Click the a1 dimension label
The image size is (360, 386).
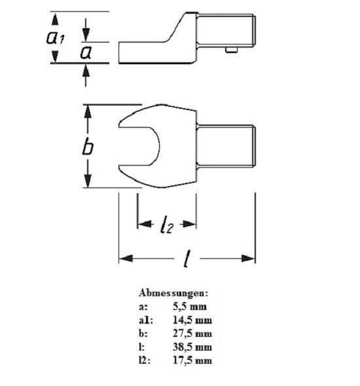click(x=56, y=37)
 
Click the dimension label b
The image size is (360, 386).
click(x=88, y=147)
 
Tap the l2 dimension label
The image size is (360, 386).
click(x=167, y=224)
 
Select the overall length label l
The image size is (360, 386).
click(x=187, y=259)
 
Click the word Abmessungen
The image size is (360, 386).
click(x=173, y=293)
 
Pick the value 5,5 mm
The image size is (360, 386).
click(x=190, y=307)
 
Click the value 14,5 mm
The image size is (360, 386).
click(x=192, y=320)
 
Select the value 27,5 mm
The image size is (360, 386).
click(x=192, y=334)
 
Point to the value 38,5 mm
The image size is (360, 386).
click(x=192, y=347)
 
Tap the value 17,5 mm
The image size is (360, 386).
click(x=192, y=360)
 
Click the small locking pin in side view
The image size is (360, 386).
click(x=232, y=50)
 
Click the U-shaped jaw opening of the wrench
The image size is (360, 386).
click(x=139, y=146)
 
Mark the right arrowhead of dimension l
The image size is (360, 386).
click(x=248, y=258)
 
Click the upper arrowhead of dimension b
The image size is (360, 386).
click(x=88, y=112)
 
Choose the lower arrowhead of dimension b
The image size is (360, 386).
click(x=88, y=181)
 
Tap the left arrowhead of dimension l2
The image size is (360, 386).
click(x=145, y=224)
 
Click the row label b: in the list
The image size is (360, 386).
click(x=143, y=334)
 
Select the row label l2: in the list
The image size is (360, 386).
click(x=145, y=360)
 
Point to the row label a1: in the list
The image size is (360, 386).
click(x=146, y=320)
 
